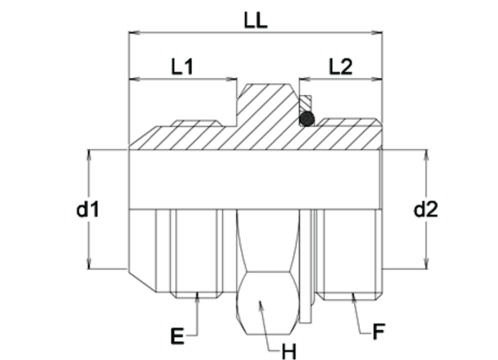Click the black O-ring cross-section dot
(x=307, y=120)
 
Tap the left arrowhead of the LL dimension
(x=133, y=33)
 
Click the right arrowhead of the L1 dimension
(x=233, y=80)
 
